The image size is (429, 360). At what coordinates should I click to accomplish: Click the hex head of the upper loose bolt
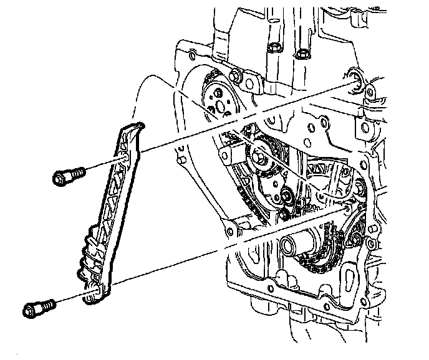pos(59,179)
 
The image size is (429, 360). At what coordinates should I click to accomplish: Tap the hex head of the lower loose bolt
pos(31,310)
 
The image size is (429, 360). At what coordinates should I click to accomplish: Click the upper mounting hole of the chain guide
pos(127,155)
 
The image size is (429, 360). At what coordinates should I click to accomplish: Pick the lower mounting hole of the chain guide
pos(94,288)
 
